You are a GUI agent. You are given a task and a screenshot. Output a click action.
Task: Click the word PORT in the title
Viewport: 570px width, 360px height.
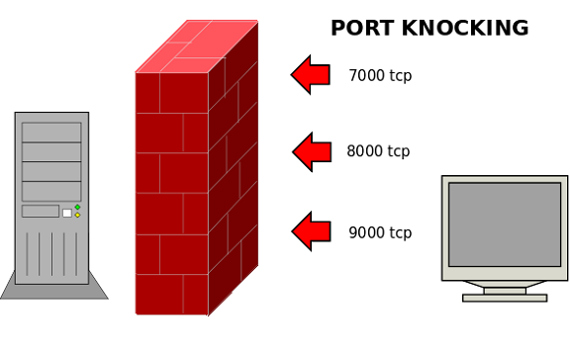(362, 29)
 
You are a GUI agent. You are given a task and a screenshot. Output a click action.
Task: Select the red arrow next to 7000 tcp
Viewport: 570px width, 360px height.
(311, 74)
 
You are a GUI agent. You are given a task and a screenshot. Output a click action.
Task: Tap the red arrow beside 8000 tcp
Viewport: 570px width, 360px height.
(312, 151)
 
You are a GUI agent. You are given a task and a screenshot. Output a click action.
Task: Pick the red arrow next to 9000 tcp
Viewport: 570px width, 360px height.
(311, 231)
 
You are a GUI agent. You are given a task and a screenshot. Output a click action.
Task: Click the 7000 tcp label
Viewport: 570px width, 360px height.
(380, 75)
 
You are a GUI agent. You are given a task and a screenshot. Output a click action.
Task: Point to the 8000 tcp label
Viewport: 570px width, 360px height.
(378, 151)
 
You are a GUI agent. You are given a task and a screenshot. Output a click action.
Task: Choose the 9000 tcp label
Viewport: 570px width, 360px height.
(380, 233)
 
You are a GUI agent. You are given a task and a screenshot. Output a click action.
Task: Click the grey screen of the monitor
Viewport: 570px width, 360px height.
(504, 224)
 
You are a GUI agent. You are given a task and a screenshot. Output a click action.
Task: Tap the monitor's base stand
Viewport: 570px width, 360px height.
(504, 296)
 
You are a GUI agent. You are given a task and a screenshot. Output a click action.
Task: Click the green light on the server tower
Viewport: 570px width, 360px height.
(77, 208)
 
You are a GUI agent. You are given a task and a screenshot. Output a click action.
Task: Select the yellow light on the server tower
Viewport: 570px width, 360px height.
(77, 216)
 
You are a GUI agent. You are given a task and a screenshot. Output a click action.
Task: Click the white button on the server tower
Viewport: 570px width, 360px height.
(67, 213)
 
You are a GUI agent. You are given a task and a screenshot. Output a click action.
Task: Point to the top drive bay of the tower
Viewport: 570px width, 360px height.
(51, 133)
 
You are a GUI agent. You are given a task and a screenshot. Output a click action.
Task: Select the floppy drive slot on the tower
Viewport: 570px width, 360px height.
(41, 212)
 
